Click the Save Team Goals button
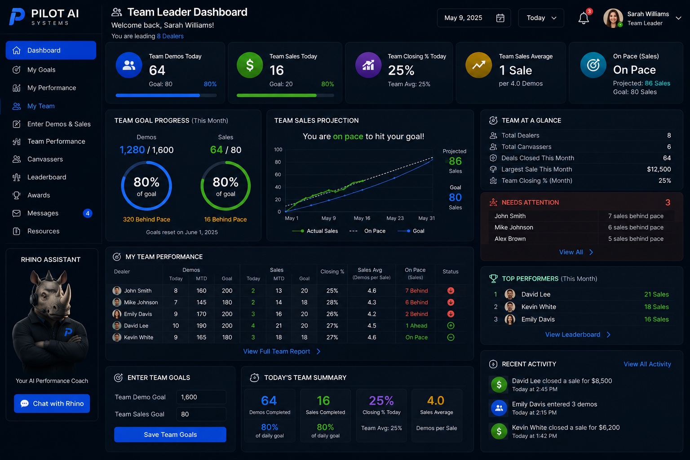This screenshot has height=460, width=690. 170,434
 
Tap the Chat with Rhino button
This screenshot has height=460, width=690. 52,403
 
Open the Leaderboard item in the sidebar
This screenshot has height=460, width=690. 47,177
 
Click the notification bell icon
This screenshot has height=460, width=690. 584,18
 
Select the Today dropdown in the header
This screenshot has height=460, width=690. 541,18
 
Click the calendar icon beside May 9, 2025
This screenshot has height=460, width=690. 500,18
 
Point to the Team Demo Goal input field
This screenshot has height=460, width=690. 201,397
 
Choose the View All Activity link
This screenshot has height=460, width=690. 647,364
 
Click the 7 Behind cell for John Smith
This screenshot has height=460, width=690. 416,291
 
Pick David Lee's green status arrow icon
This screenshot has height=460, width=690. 451,325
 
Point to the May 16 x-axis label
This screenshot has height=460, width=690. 362,218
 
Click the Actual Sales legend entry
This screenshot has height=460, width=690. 315,231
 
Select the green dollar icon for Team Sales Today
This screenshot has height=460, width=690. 249,65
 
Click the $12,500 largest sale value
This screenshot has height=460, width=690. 659,169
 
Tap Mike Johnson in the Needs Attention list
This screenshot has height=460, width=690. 513,227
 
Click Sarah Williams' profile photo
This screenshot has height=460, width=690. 613,18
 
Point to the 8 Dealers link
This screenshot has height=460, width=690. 170,36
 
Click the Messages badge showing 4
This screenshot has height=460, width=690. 88,213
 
